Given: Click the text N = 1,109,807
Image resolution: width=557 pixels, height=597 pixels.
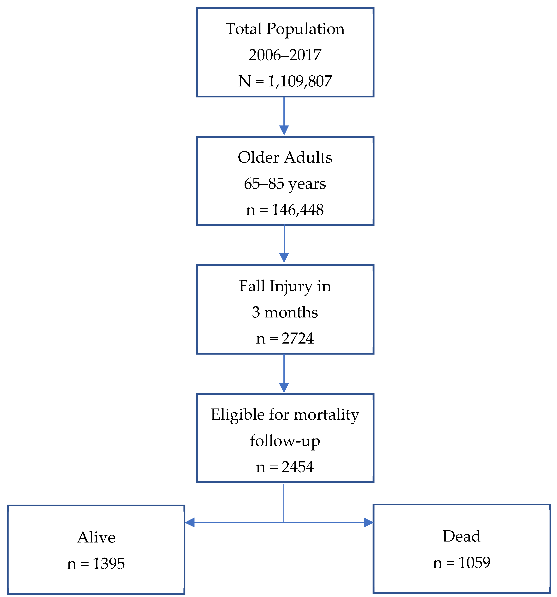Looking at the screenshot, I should [285, 81].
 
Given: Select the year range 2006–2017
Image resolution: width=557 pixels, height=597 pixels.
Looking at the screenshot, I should [285, 55].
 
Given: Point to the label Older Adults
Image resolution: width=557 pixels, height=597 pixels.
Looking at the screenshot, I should [285, 157].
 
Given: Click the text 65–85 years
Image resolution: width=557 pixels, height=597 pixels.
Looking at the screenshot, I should [285, 183].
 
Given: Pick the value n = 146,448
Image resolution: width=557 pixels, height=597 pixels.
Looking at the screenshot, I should [285, 210].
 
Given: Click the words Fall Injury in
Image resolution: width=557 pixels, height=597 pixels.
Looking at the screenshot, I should [285, 286].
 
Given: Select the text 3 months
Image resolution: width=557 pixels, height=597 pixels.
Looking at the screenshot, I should [285, 312].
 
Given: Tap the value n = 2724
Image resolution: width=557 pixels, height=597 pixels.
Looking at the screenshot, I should [285, 339].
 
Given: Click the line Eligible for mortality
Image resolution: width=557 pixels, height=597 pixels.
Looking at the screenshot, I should [285, 415].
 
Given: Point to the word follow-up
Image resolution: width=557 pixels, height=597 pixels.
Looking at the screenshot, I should [285, 441].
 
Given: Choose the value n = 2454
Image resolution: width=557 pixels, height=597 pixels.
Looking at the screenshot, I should [285, 467].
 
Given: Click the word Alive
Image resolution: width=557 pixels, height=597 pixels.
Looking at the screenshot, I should [96, 537].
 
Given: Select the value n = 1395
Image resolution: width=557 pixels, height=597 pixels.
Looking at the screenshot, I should [96, 564].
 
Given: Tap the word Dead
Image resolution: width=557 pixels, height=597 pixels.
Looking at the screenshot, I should [461, 536].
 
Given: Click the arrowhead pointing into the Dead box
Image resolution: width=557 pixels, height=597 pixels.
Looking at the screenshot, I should [368, 523].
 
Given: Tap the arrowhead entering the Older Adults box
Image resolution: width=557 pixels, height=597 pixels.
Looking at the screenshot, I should [284, 130].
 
